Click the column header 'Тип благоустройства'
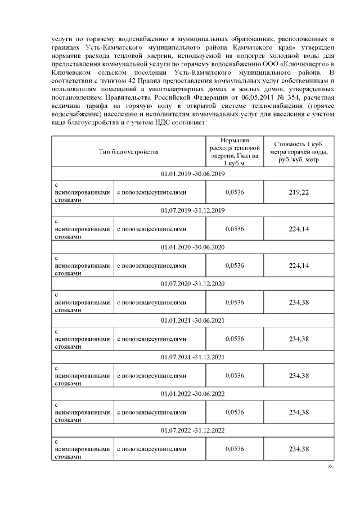pyautogui.click(x=129, y=151)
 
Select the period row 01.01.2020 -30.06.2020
pyautogui.click(x=192, y=247)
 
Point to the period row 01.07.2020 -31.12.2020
pyautogui.click(x=192, y=283)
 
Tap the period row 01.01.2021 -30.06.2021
pyautogui.click(x=192, y=320)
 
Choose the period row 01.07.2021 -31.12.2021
pyautogui.click(x=192, y=357)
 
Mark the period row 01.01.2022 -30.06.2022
pyautogui.click(x=192, y=393)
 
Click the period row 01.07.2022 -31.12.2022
pyautogui.click(x=192, y=430)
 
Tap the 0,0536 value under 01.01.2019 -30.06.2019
pyautogui.click(x=234, y=192)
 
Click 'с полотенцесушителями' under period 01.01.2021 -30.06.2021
pyautogui.click(x=151, y=339)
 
